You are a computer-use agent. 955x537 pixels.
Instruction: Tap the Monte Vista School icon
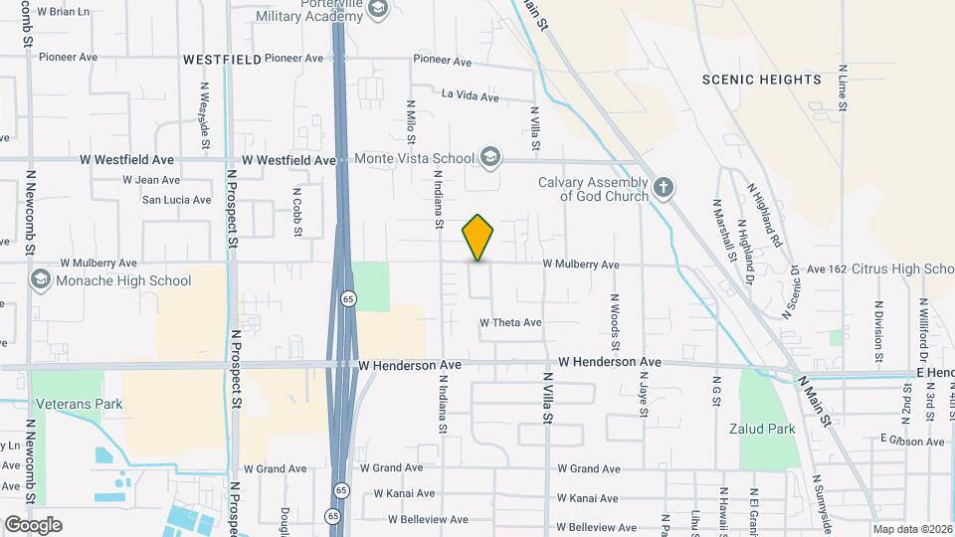(x=489, y=157)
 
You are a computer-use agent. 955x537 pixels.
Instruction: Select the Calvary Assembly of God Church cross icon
(x=664, y=187)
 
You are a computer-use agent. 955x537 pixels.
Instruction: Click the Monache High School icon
(x=41, y=280)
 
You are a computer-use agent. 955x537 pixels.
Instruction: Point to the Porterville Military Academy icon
(x=377, y=10)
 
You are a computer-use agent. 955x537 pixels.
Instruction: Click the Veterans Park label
(x=78, y=405)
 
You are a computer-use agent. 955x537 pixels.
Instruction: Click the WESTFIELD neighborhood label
(x=222, y=60)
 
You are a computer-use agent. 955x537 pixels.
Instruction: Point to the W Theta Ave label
(x=510, y=322)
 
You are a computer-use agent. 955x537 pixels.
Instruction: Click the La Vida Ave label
(x=470, y=94)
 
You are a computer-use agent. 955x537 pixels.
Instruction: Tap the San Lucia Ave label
(x=176, y=199)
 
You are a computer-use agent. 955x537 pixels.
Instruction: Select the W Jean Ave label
(x=151, y=180)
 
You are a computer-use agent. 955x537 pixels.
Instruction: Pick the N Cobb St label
(x=297, y=212)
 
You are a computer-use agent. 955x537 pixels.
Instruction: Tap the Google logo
(x=33, y=524)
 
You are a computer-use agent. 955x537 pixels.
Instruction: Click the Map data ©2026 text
(x=911, y=529)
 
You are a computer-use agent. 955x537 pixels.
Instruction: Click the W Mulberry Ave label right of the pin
(x=581, y=265)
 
